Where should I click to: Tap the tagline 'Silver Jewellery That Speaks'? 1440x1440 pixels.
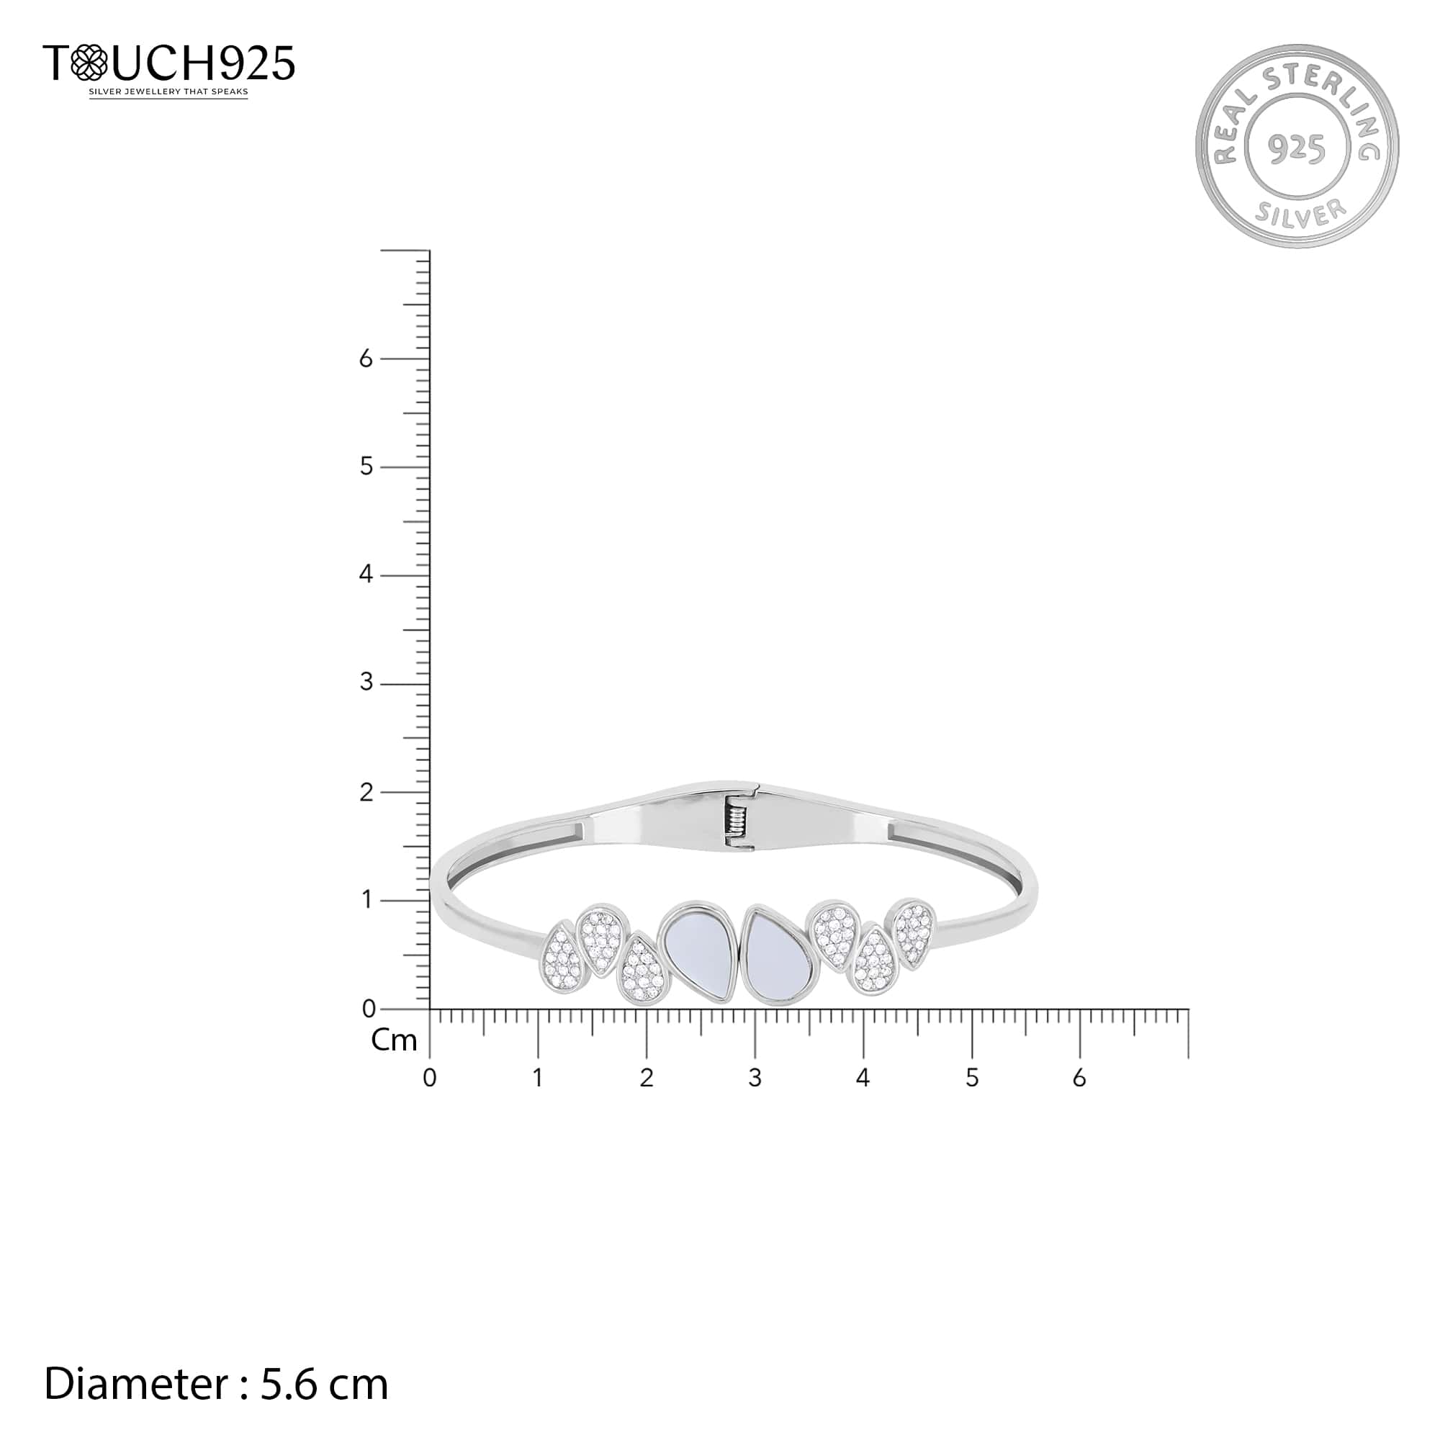coord(168,92)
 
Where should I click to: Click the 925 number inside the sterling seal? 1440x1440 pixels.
coord(1297,149)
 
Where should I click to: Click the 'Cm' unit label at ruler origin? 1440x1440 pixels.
coord(394,1041)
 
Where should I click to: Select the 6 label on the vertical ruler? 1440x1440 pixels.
coord(366,359)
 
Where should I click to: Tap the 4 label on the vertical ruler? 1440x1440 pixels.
coord(366,575)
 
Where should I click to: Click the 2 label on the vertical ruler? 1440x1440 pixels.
coord(366,792)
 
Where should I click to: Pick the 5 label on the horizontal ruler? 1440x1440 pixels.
coord(971,1078)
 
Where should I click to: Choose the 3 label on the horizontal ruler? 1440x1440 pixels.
coord(755,1078)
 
